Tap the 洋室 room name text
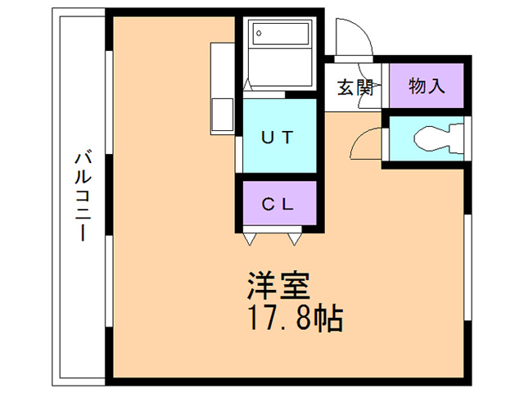click(x=278, y=286)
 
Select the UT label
click(x=278, y=137)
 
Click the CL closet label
click(x=278, y=204)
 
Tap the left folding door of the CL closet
click(x=255, y=238)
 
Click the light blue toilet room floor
click(x=401, y=142)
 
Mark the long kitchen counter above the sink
click(x=223, y=70)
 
